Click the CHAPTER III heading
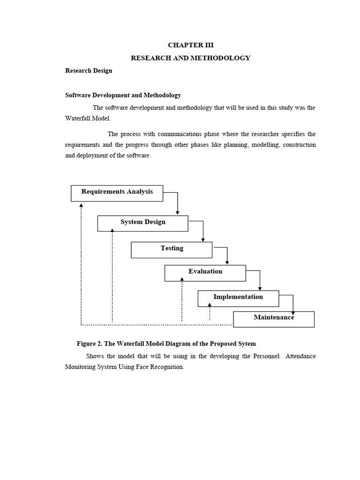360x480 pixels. (x=190, y=45)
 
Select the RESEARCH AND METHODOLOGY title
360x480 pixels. (x=190, y=58)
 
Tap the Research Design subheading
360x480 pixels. (x=89, y=71)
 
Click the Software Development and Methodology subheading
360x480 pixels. (x=123, y=95)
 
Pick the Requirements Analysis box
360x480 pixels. (x=117, y=193)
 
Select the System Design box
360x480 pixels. (x=142, y=223)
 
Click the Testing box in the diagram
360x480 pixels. (x=172, y=249)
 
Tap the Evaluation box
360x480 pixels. (x=205, y=273)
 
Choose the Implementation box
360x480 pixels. (x=238, y=298)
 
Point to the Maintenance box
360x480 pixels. (x=274, y=319)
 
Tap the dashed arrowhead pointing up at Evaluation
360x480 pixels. (x=182, y=279)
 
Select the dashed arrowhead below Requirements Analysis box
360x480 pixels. (x=81, y=205)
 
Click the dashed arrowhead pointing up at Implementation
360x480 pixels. (x=210, y=304)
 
